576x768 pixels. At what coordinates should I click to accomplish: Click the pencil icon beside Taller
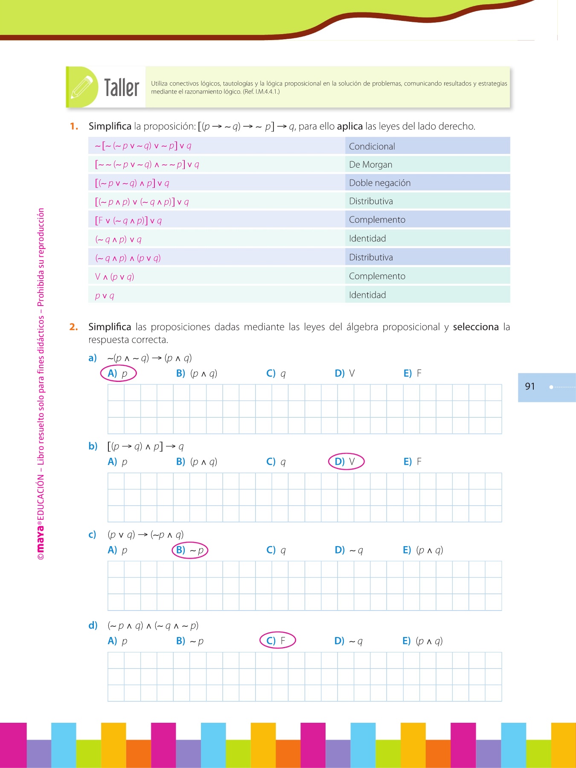click(x=81, y=87)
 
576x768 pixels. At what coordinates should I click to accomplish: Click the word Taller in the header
click(x=122, y=88)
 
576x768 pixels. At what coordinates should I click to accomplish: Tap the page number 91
click(x=530, y=387)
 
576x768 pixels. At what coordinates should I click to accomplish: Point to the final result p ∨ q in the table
click(x=105, y=295)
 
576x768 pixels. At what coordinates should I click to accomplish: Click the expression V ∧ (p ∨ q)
click(x=114, y=276)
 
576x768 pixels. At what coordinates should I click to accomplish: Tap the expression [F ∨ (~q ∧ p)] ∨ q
click(x=128, y=221)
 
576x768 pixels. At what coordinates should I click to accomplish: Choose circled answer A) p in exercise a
click(x=118, y=373)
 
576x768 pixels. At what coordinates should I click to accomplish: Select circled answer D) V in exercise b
click(x=346, y=462)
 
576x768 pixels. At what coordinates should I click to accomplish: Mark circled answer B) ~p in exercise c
click(x=190, y=550)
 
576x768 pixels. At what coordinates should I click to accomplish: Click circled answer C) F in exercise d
click(x=277, y=641)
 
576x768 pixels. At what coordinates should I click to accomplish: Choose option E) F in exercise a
click(x=413, y=373)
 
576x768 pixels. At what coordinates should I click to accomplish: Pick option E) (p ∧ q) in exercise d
click(x=422, y=641)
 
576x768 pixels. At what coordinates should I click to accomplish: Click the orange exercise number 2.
click(x=73, y=327)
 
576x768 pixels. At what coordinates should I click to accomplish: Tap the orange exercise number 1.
click(x=74, y=126)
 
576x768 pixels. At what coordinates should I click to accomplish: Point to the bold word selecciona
click(x=475, y=327)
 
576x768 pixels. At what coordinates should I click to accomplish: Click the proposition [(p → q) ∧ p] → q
click(x=145, y=446)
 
